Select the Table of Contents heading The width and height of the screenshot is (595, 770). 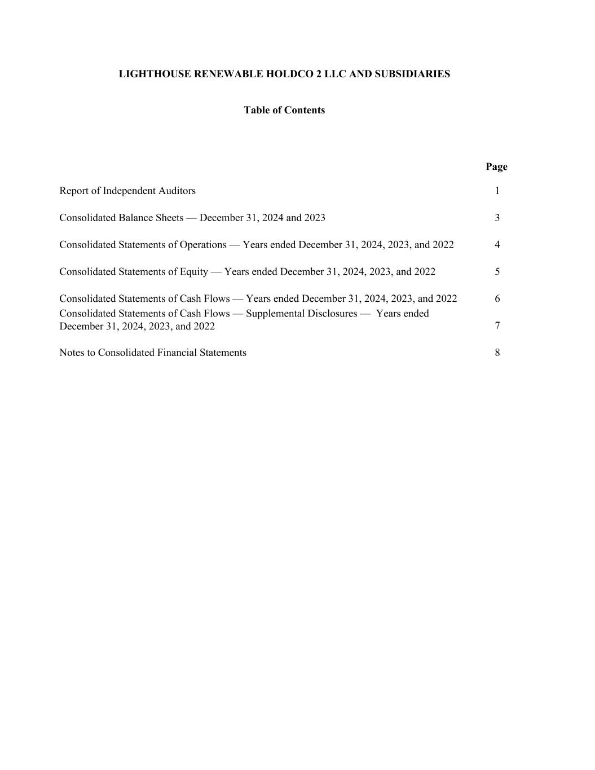pos(284,110)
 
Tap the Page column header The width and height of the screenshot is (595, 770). pos(496,166)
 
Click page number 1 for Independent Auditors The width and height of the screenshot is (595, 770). pos(497,191)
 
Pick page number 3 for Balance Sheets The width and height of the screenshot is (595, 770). pos(497,218)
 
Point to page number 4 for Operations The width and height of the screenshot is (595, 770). pos(497,245)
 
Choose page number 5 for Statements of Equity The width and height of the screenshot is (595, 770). pos(497,272)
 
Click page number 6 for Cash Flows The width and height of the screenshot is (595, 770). pos(497,299)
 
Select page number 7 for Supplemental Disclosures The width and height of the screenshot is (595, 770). pos(497,325)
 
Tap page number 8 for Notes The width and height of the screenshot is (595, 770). pos(497,353)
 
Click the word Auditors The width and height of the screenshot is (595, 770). pos(177,191)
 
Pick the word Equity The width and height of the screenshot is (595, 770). pos(194,272)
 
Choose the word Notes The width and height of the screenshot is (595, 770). pos(72,353)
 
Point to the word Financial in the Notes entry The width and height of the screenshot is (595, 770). pos(180,353)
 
